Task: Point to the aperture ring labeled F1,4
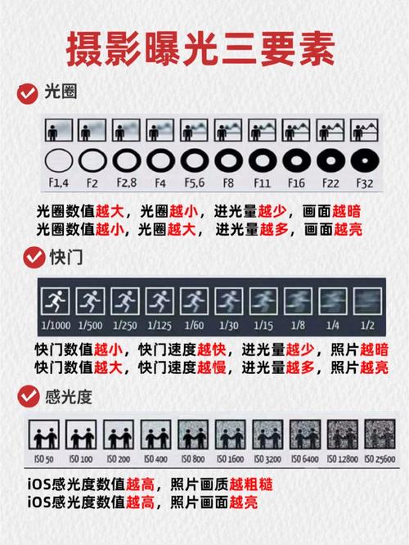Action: click(x=59, y=159)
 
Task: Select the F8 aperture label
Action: click(x=227, y=182)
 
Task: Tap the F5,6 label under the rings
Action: click(x=194, y=182)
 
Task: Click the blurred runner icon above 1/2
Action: click(x=367, y=301)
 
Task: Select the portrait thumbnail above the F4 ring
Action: click(x=160, y=131)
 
